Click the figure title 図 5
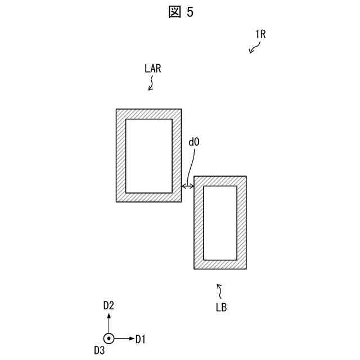[x=180, y=12]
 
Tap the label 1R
[x=260, y=34]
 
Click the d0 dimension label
[x=193, y=142]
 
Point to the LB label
[x=222, y=308]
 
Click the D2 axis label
[x=109, y=305]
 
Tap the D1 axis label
[x=141, y=339]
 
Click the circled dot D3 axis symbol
[x=109, y=339]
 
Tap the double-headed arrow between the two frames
[x=188, y=186]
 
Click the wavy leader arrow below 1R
[x=254, y=49]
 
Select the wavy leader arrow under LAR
[x=151, y=84]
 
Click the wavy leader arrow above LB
[x=220, y=291]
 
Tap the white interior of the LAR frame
[x=148, y=156]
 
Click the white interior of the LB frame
[x=220, y=223]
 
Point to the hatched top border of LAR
[x=148, y=114]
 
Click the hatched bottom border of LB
[x=220, y=264]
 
